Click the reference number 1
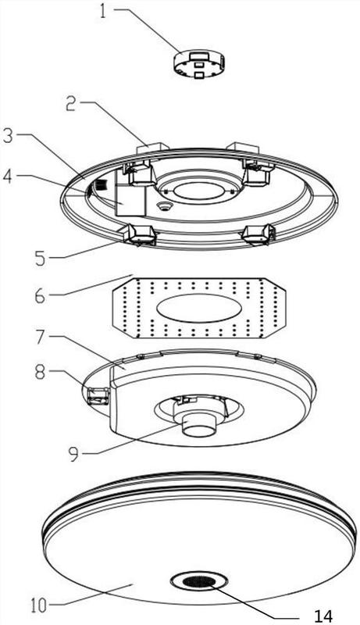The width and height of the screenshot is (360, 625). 104,12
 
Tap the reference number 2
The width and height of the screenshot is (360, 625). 72,104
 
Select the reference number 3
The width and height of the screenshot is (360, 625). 9,137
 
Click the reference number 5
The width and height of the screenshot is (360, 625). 41,258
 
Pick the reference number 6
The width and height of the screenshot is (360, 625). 41,296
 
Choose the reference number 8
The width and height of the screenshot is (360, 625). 41,374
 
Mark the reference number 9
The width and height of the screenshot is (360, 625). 74,455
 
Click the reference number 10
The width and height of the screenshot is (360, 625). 38,606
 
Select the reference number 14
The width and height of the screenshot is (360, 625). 323,616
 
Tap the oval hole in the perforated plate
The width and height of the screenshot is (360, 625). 198,309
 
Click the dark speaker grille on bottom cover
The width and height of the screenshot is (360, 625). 198,582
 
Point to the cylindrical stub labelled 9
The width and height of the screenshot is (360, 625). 198,426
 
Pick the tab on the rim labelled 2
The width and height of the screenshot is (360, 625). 152,148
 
